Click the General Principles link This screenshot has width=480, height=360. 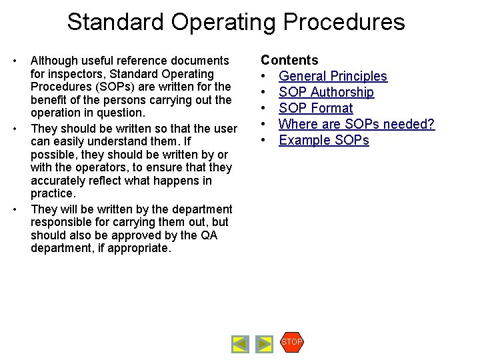pyautogui.click(x=333, y=77)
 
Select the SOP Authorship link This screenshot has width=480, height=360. pyautogui.click(x=326, y=93)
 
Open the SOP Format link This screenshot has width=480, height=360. pyautogui.click(x=315, y=109)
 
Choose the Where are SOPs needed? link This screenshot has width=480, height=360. pyautogui.click(x=357, y=125)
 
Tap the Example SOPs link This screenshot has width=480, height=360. pyautogui.click(x=323, y=141)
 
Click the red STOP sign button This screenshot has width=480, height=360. pyautogui.click(x=292, y=342)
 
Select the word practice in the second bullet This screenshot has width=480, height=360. pyautogui.click(x=52, y=194)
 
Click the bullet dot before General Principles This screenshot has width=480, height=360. pyautogui.click(x=265, y=77)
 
